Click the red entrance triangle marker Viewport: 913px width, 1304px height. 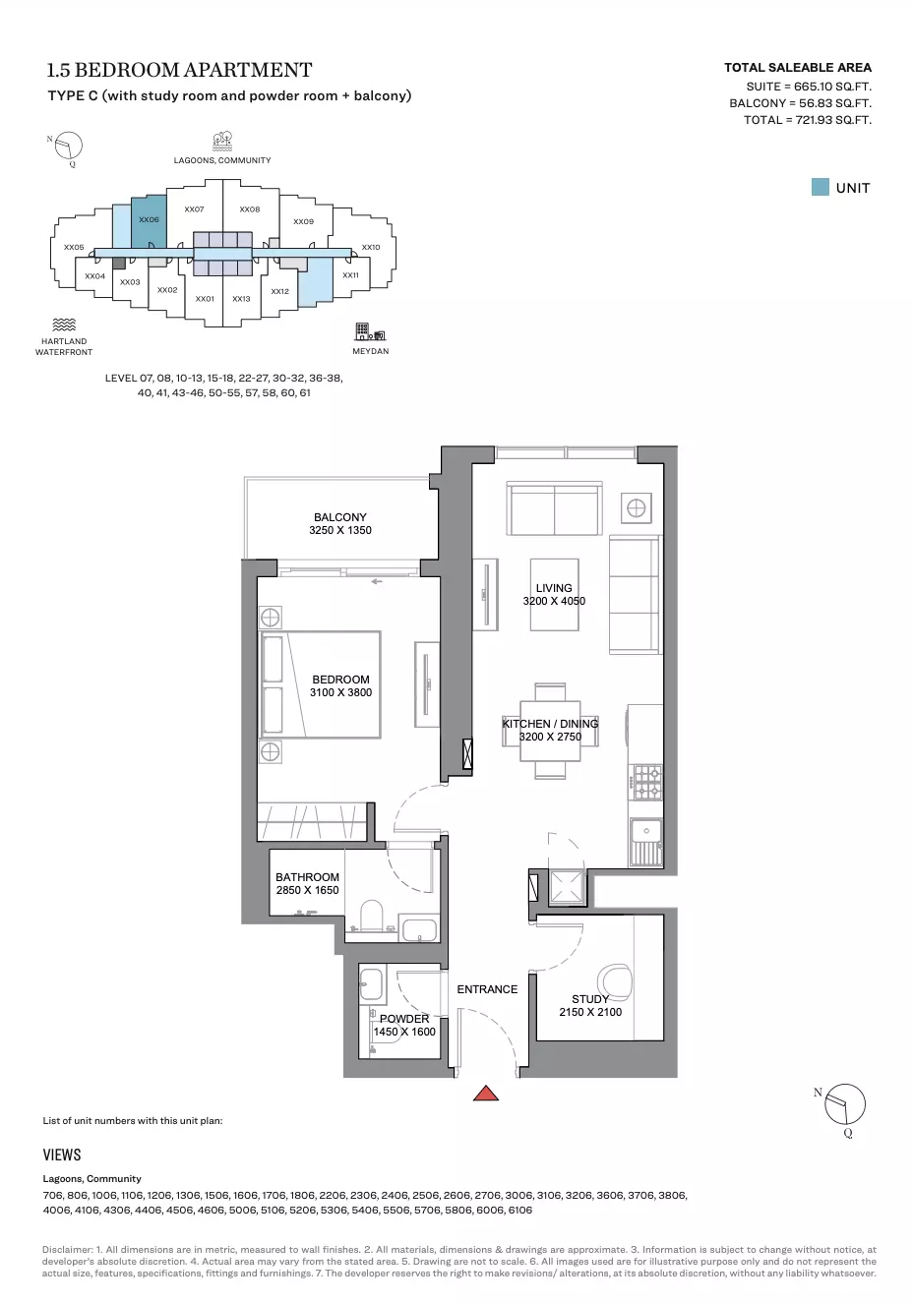tap(486, 1094)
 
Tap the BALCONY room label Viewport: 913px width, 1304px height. tap(340, 517)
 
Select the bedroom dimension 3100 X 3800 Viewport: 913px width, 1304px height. tap(340, 692)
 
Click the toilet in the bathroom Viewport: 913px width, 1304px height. tap(372, 916)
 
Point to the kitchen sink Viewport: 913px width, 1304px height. tap(646, 842)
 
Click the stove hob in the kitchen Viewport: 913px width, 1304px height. tap(646, 783)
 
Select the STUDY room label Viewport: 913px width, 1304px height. tap(590, 999)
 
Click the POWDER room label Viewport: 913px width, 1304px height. tap(404, 1019)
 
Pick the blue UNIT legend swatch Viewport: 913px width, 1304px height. tap(821, 187)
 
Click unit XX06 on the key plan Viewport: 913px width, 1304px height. tap(150, 220)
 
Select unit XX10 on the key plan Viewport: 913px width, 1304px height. tap(371, 247)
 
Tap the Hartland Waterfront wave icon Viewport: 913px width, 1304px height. tap(64, 325)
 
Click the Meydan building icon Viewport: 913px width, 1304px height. tap(370, 331)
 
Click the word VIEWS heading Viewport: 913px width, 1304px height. tap(62, 1155)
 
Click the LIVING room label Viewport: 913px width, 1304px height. tap(554, 588)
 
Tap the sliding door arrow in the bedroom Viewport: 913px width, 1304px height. tap(377, 581)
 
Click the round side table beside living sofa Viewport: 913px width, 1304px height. tap(636, 508)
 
